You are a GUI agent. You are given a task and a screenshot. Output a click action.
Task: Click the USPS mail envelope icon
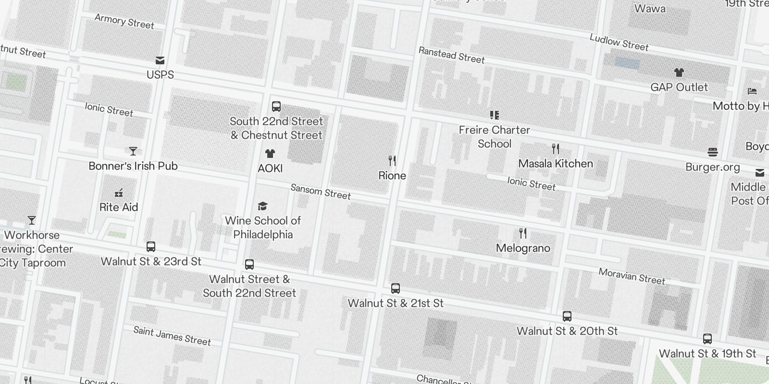(x=160, y=60)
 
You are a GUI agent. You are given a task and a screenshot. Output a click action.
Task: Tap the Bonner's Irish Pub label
(x=133, y=166)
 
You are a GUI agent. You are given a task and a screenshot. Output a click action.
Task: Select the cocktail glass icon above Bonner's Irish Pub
(x=133, y=151)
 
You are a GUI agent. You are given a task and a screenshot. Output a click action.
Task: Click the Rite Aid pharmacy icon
(x=119, y=193)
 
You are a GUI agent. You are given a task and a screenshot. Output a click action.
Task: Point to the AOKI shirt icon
(x=270, y=154)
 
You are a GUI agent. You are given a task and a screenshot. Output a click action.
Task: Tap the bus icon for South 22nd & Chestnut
(x=276, y=107)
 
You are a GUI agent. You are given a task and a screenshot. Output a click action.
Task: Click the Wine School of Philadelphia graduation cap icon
(x=262, y=206)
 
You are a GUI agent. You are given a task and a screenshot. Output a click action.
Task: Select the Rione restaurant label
(x=392, y=176)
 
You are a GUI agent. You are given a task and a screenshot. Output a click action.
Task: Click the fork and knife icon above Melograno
(x=523, y=234)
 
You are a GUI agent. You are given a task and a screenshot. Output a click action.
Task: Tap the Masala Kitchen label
(x=556, y=164)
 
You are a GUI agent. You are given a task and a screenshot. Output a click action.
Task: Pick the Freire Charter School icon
(x=494, y=115)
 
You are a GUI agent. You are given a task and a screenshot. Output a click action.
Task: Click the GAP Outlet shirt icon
(x=679, y=72)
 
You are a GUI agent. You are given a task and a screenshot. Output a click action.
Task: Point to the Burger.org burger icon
(x=713, y=153)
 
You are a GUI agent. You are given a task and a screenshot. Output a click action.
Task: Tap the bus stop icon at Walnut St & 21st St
(x=396, y=288)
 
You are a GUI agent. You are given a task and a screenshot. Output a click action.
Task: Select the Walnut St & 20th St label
(x=567, y=331)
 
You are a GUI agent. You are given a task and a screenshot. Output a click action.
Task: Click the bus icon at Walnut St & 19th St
(x=707, y=339)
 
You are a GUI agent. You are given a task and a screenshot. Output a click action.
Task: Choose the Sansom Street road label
(x=321, y=192)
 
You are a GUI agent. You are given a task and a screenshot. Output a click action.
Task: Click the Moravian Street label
(x=632, y=276)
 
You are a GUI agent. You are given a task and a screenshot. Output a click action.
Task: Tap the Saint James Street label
(x=172, y=336)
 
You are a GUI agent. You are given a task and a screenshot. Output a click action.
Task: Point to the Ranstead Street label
(x=451, y=55)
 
